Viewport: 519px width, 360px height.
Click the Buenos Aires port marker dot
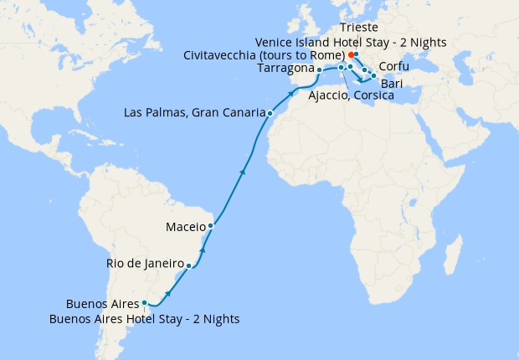(x=144, y=303)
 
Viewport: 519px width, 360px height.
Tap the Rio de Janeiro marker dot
(x=189, y=266)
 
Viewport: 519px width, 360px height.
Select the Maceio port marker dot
(x=211, y=225)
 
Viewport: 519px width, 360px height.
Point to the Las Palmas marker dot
(x=270, y=112)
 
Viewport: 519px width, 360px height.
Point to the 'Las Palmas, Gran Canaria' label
(x=193, y=112)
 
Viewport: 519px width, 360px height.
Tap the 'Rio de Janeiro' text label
(x=145, y=264)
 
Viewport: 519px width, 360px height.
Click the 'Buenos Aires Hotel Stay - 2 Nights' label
(x=145, y=319)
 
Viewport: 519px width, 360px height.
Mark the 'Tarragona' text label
(x=286, y=69)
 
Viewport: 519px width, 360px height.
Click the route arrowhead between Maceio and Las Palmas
(x=243, y=171)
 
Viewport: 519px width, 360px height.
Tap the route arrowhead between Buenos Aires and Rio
(x=170, y=292)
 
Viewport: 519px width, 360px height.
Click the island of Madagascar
(x=455, y=251)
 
